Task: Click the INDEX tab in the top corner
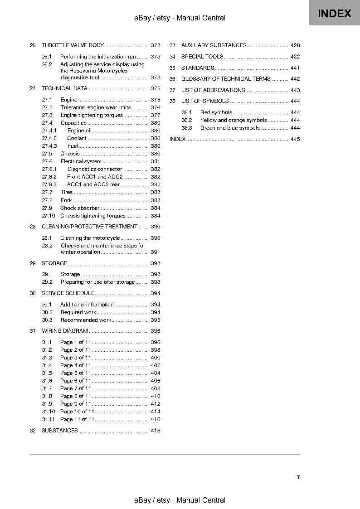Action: pos(334,13)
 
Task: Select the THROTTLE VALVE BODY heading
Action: pos(73,45)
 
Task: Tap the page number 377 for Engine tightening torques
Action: pos(156,115)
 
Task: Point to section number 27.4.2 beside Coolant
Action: pos(49,138)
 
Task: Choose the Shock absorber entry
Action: pos(80,208)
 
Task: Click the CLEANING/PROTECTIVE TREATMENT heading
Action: pos(89,227)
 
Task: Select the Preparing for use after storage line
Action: pos(97,282)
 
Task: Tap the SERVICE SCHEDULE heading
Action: pos(68,293)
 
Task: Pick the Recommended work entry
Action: pos(86,320)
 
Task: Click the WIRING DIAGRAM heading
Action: pos(64,331)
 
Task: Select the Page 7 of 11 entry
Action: pos(76,388)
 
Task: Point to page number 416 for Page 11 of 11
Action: pos(156,419)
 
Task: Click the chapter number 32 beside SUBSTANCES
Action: pos(33,431)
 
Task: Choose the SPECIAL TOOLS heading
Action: pos(202,57)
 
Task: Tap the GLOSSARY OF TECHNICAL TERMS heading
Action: pos(226,79)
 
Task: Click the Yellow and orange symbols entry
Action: pos(234,120)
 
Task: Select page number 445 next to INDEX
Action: pos(295,139)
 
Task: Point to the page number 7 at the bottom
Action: pos(298,477)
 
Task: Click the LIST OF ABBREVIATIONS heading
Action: pos(213,90)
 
